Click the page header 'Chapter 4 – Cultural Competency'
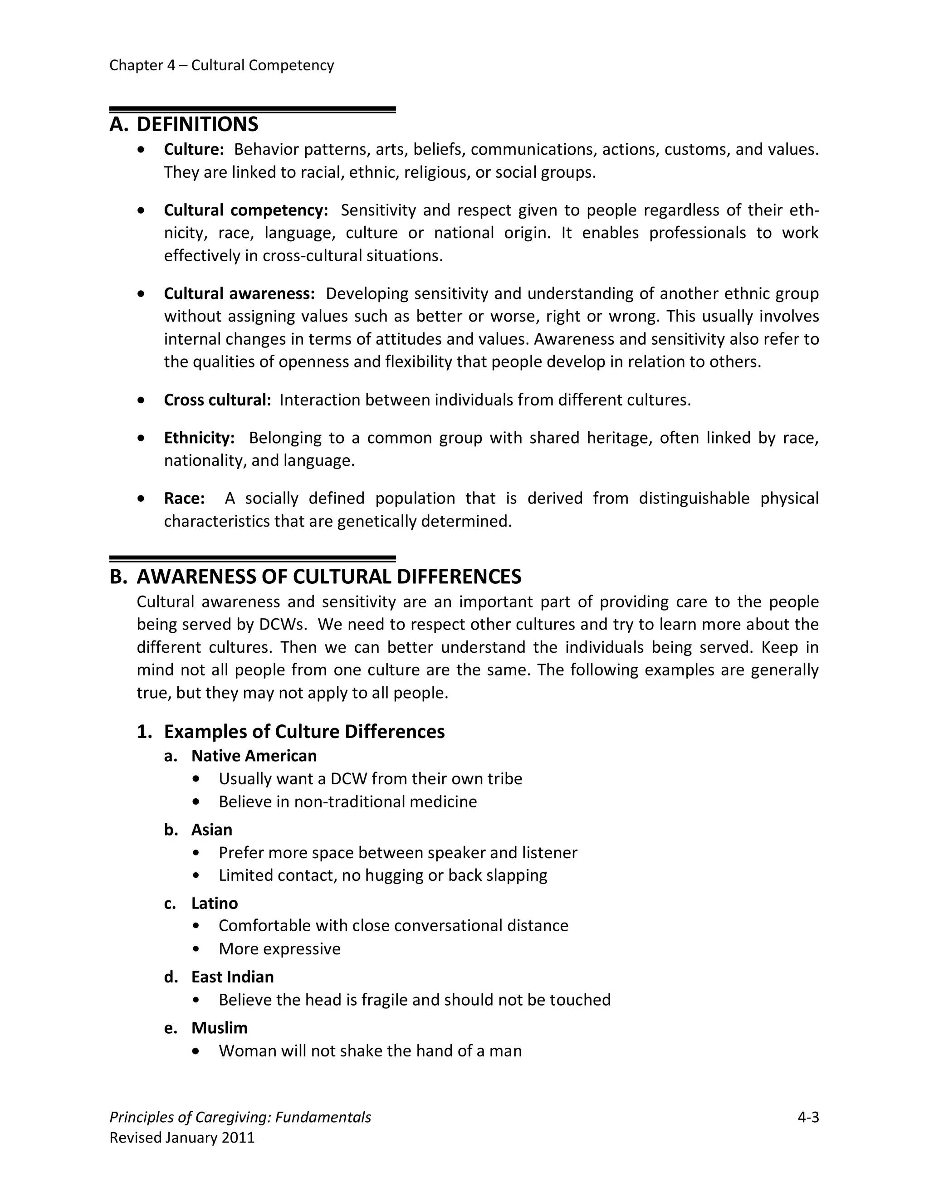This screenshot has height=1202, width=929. (x=221, y=65)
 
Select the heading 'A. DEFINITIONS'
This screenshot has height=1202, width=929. (x=184, y=124)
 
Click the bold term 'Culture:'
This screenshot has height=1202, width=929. (x=194, y=150)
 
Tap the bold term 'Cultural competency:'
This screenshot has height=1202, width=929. (x=246, y=210)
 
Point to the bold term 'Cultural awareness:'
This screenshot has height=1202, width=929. (x=239, y=294)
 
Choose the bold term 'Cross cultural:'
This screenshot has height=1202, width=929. (x=217, y=400)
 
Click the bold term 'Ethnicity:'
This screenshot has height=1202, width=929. (x=199, y=438)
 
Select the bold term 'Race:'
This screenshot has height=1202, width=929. (x=184, y=498)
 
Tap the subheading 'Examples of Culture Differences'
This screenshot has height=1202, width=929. (x=304, y=732)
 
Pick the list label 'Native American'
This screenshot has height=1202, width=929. (x=254, y=756)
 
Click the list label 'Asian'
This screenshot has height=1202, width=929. (x=211, y=830)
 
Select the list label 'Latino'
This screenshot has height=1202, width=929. (x=215, y=904)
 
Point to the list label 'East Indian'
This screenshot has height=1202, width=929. (x=232, y=977)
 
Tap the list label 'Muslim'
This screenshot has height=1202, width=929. (x=219, y=1028)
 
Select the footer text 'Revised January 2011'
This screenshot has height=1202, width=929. (x=182, y=1138)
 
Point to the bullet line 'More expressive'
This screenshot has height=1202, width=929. (x=279, y=949)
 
